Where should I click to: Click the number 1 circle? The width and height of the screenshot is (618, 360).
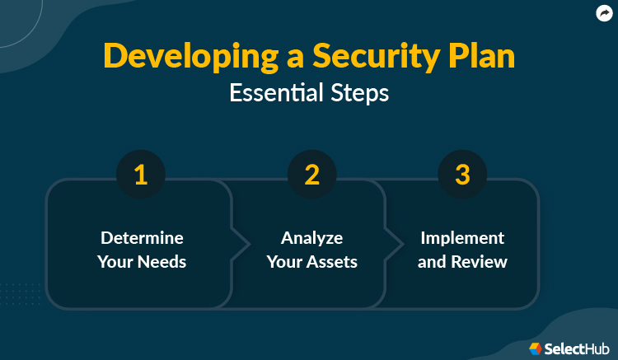141,175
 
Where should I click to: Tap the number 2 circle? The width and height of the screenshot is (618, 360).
311,175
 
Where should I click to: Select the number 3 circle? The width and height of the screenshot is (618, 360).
462,175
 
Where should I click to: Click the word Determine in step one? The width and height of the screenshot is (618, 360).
142,237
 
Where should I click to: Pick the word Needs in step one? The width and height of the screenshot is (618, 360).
162,263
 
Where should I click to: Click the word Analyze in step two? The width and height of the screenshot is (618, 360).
311,237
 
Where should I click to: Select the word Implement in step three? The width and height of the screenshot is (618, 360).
462,237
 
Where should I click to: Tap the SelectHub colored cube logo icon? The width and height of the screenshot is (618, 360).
536,348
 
